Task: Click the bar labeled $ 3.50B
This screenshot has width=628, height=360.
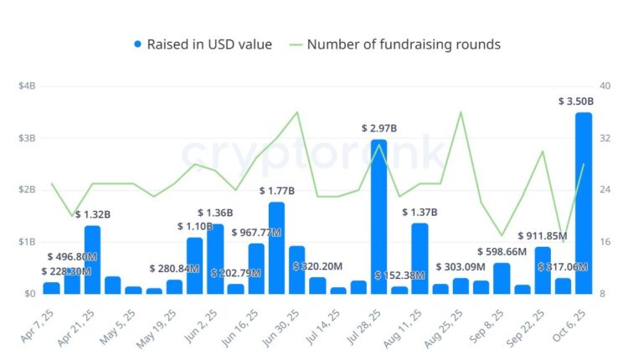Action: tap(584, 203)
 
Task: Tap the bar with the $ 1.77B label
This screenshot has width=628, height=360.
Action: tap(276, 248)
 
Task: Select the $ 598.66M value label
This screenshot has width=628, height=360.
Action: tap(502, 251)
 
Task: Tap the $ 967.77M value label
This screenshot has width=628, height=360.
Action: tap(256, 232)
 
